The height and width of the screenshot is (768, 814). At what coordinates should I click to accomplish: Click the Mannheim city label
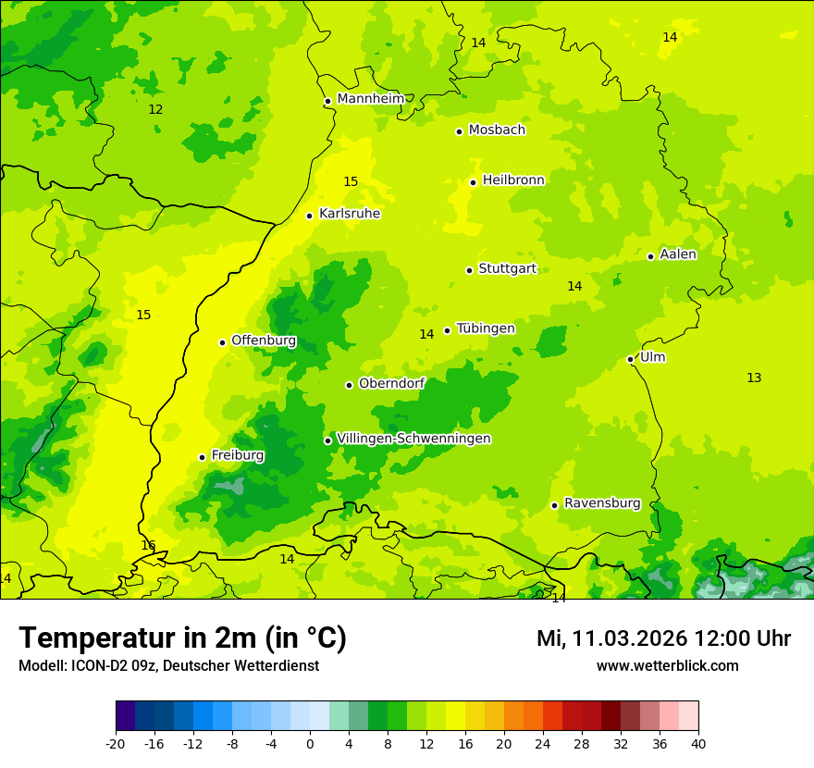click(x=370, y=99)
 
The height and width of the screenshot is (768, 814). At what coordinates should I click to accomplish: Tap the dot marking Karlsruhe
click(x=310, y=216)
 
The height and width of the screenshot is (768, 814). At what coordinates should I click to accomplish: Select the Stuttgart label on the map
click(x=507, y=269)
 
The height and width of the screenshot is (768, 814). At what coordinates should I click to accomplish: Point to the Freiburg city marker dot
click(x=202, y=457)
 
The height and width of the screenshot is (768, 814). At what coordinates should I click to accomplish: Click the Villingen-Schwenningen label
click(x=413, y=439)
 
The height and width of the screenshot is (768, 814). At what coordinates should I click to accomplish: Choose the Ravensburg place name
click(x=602, y=503)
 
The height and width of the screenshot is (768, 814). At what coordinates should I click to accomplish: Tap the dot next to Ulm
click(x=630, y=359)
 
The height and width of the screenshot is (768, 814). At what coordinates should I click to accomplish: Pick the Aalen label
click(x=678, y=254)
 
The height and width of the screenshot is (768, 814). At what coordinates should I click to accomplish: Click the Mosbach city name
click(x=497, y=130)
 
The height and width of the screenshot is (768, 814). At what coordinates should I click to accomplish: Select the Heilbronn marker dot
click(x=473, y=182)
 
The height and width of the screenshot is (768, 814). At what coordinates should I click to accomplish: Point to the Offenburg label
click(x=264, y=341)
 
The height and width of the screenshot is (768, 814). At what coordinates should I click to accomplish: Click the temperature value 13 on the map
click(x=754, y=378)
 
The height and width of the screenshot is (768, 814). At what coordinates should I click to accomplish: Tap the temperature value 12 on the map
click(x=155, y=109)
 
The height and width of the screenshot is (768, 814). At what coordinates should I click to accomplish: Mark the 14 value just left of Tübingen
click(x=426, y=334)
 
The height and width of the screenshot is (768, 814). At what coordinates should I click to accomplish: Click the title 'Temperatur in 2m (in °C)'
click(x=182, y=638)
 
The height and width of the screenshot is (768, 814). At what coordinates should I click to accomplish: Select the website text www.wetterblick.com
click(x=667, y=665)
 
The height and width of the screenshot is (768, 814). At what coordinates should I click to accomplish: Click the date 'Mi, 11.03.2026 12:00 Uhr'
click(x=663, y=638)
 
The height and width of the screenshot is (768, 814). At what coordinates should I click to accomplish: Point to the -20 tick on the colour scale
click(x=116, y=743)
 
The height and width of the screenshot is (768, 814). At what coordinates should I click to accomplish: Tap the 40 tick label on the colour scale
click(x=698, y=743)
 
